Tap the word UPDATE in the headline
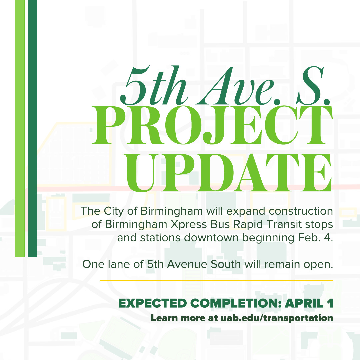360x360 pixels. click(229, 173)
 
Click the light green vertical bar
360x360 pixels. click(20, 128)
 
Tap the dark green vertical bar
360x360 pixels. click(32, 128)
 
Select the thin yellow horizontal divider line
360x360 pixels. click(217, 281)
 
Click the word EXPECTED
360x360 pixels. click(152, 304)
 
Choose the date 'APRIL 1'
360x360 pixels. click(310, 304)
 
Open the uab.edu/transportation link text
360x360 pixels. click(277, 318)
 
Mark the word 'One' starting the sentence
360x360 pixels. click(91, 265)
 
